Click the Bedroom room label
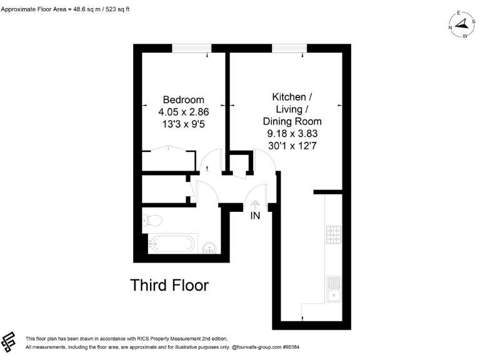tap(183, 100)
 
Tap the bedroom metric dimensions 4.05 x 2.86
tap(183, 112)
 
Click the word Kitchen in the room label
tap(289, 97)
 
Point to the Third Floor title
tap(169, 286)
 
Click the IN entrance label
tap(255, 216)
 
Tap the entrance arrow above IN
tap(255, 203)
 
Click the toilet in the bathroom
tap(152, 219)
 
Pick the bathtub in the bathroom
tap(173, 243)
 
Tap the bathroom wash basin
tap(210, 247)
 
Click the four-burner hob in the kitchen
tap(333, 234)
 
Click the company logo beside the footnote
tap(9, 341)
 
